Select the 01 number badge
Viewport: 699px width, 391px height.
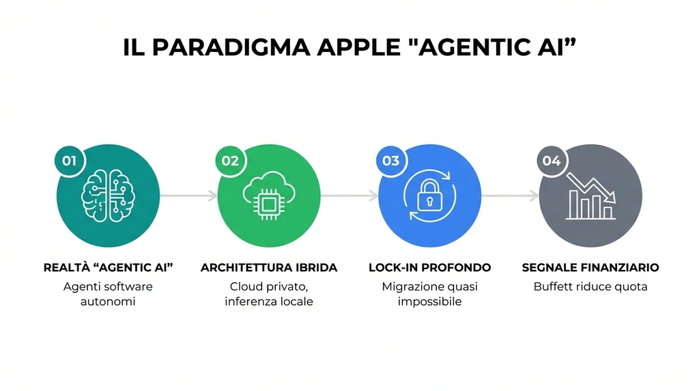[x=69, y=161]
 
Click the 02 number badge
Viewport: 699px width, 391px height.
[x=230, y=161]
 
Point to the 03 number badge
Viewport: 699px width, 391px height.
[x=391, y=161]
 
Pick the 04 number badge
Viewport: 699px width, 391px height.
[x=552, y=161]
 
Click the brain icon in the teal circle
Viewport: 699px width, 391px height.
[x=108, y=195]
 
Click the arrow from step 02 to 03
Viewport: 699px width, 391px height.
[x=349, y=196]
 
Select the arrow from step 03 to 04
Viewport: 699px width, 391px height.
[x=510, y=196]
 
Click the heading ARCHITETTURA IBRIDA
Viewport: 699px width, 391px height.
[x=269, y=267]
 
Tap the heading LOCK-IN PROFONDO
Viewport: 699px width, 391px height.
[x=429, y=267]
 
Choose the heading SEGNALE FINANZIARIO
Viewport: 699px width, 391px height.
[x=590, y=267]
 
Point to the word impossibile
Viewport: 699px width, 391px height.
[x=429, y=301]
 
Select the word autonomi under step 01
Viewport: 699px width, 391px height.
[x=108, y=301]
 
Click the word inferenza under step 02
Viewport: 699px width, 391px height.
[x=249, y=301]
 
